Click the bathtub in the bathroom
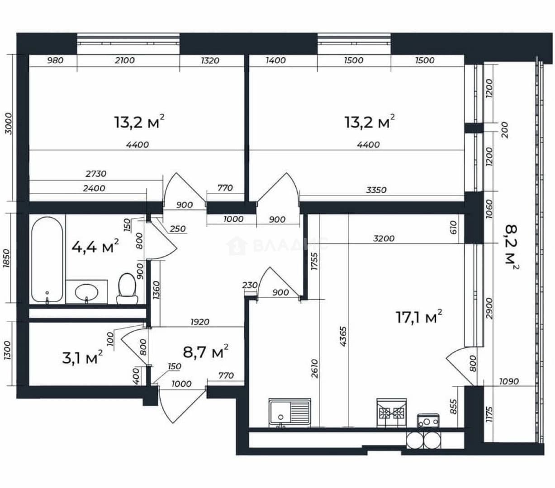[x=47, y=260]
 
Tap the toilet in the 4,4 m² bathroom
[x=127, y=288]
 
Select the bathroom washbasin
[x=86, y=292]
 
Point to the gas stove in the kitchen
[x=391, y=413]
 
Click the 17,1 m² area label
[x=419, y=317]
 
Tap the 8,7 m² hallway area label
[x=205, y=352]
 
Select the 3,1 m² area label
[x=82, y=358]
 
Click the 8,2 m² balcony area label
[x=512, y=248]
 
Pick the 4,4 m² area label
[x=95, y=246]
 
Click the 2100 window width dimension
[x=125, y=60]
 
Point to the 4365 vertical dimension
[x=343, y=337]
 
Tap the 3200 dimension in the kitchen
[x=384, y=239]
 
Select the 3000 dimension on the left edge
[x=9, y=123]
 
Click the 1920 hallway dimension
[x=200, y=322]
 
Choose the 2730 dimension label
[x=96, y=174]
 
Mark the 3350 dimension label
[x=376, y=190]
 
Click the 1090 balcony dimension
[x=509, y=381]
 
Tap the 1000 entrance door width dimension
[x=181, y=384]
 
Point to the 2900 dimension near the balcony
[x=489, y=309]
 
